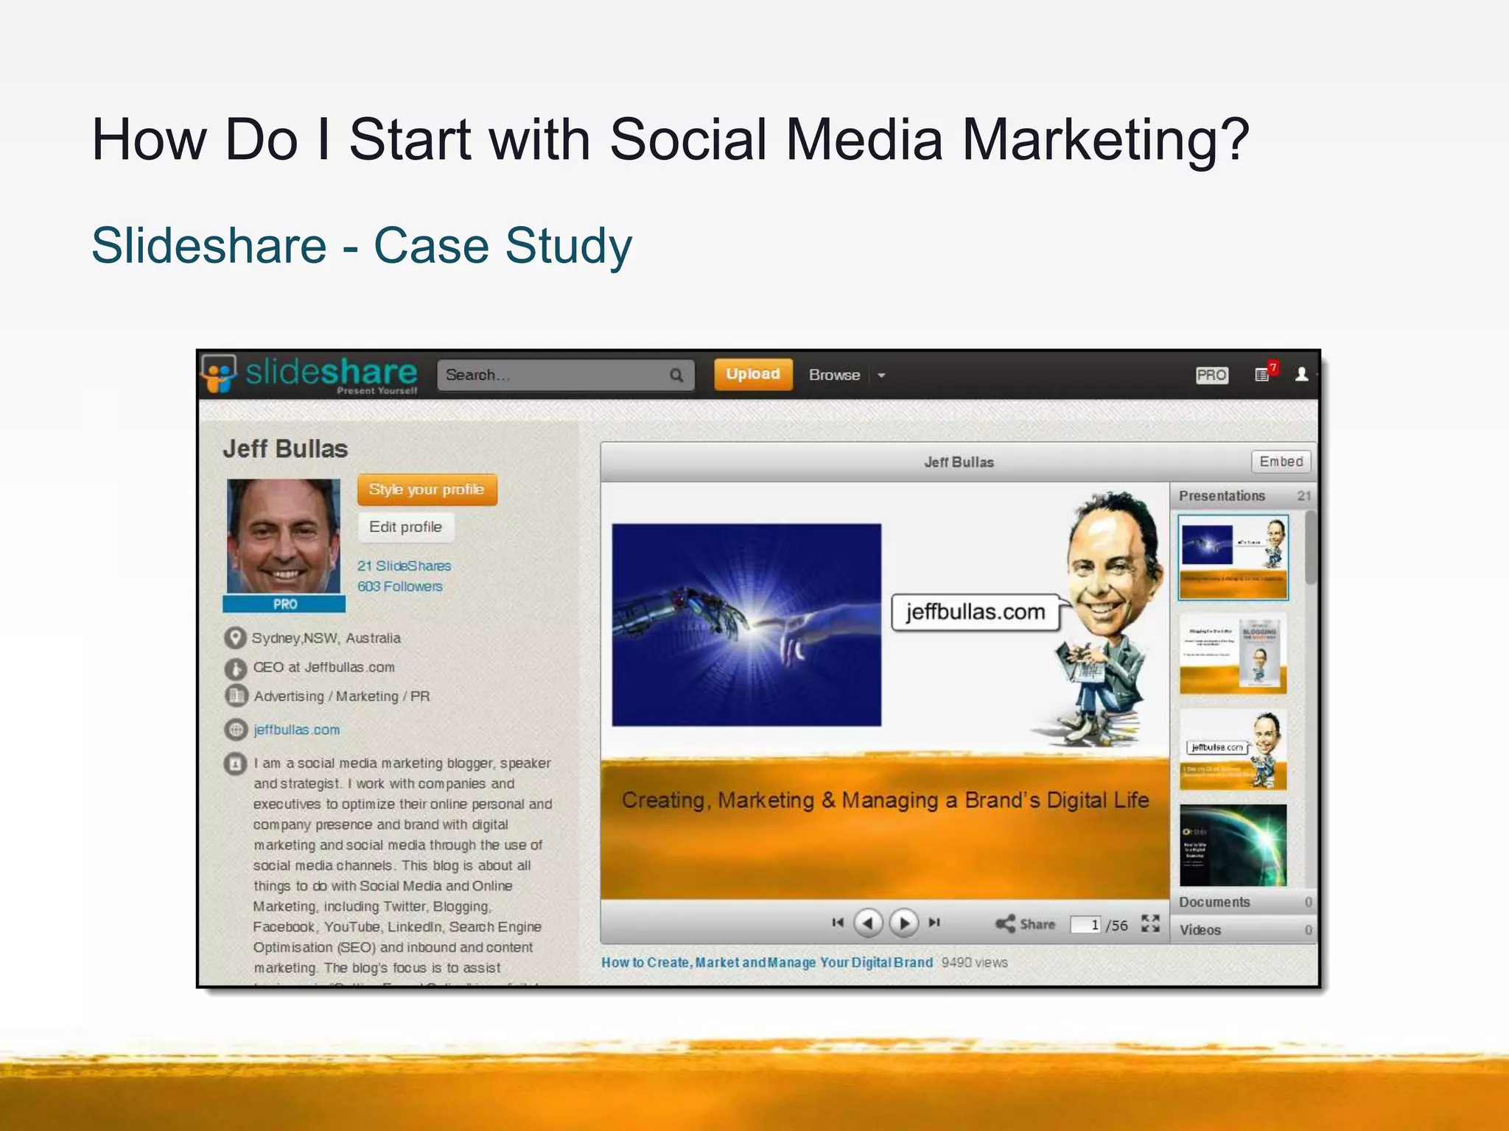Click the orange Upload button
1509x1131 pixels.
[752, 374]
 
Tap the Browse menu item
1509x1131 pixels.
[834, 375]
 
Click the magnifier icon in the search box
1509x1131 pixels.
[676, 376]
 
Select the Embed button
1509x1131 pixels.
[1281, 462]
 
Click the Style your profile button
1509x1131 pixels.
[427, 490]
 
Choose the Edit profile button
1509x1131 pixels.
[405, 527]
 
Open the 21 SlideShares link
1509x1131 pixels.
[404, 565]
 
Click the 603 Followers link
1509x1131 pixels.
[400, 586]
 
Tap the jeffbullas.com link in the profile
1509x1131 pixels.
[296, 730]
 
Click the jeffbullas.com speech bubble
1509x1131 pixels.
[976, 612]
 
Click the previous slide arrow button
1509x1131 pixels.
[868, 923]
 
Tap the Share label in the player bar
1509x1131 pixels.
[1037, 924]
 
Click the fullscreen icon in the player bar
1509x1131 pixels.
[1150, 923]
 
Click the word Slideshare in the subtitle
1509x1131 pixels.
[209, 245]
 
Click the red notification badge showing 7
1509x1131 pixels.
[1273, 367]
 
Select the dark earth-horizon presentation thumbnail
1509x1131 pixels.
[1233, 845]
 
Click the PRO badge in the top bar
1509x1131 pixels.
[1211, 375]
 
